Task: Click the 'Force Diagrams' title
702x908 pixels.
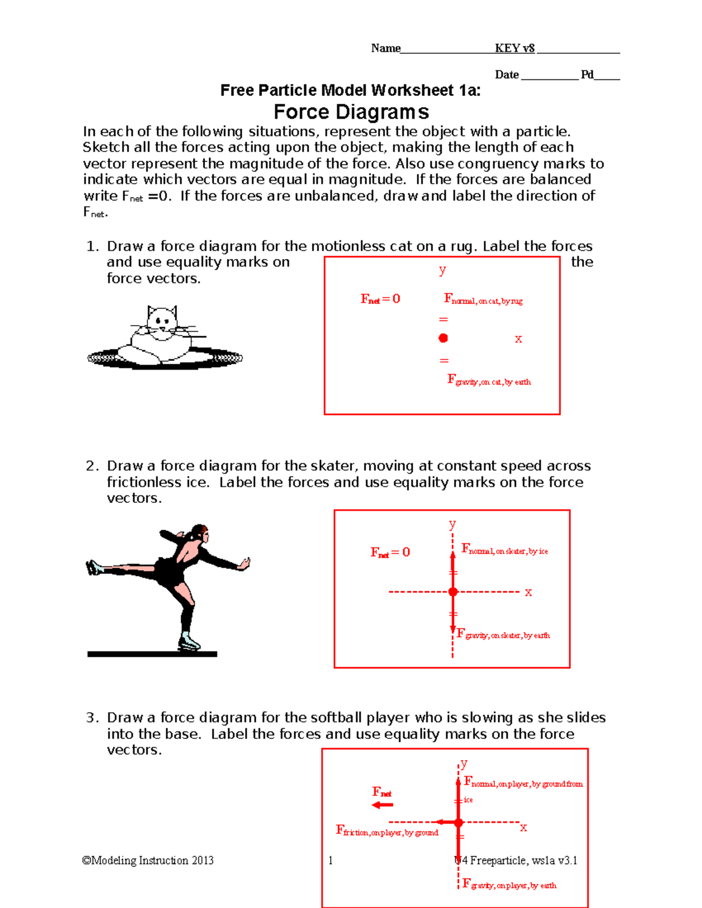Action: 351,112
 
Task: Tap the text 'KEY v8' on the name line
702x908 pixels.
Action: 514,49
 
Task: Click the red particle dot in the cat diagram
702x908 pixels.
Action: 443,338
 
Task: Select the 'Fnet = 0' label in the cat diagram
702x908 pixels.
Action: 380,299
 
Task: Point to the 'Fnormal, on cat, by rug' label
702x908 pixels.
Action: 483,300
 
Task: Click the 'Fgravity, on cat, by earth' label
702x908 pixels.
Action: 489,381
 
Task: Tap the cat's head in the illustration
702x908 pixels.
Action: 161,320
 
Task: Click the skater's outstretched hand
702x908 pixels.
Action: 245,564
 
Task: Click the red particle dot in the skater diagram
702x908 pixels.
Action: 453,592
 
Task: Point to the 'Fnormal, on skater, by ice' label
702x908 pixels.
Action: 504,550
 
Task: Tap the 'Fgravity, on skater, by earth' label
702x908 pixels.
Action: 503,634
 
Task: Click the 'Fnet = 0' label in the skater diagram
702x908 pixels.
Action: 390,553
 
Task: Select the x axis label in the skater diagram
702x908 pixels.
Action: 528,592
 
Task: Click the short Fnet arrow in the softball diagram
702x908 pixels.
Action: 383,805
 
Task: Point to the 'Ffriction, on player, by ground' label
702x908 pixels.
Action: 387,831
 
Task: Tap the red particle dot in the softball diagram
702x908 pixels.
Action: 459,823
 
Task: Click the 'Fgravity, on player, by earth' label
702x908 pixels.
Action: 509,885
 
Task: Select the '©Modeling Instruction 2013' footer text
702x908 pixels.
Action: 148,860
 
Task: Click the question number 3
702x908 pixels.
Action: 91,718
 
